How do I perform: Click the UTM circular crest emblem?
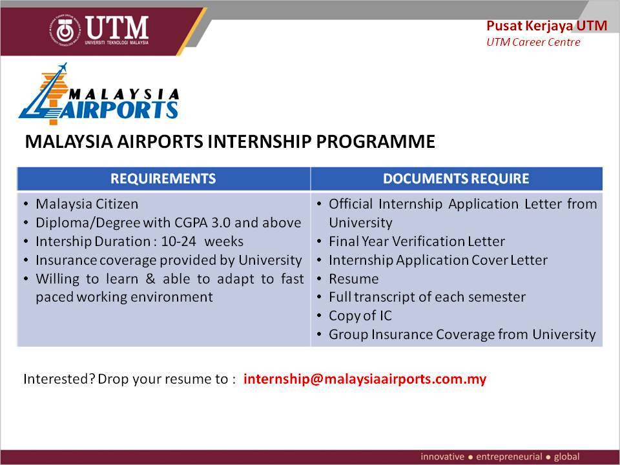tap(65, 31)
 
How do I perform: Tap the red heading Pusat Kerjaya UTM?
tap(546, 26)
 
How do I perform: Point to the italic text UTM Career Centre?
tap(533, 42)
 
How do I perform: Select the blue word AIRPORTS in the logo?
tap(119, 110)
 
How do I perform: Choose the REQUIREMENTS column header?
tap(163, 179)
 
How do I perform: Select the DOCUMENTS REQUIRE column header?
tap(456, 179)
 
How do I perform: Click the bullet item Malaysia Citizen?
tap(87, 205)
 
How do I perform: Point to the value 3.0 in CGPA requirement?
tap(221, 223)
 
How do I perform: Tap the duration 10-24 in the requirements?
tap(178, 241)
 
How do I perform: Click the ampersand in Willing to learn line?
tap(150, 279)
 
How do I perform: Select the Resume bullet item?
tap(353, 279)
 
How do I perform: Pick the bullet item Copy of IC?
tap(360, 316)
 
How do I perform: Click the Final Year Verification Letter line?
tap(417, 242)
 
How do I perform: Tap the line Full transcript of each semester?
tap(427, 297)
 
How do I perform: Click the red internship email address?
tap(364, 379)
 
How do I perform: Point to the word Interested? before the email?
tap(59, 379)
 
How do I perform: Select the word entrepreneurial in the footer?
tap(509, 457)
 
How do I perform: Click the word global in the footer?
tap(566, 457)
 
